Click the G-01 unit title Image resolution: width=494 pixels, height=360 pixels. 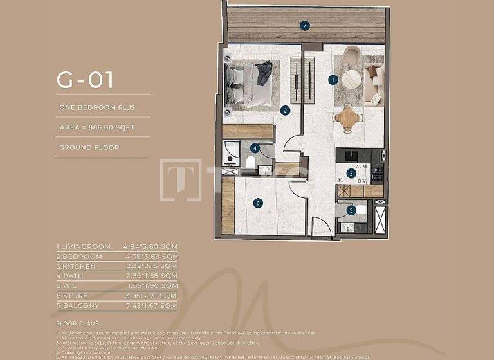pyautogui.click(x=85, y=80)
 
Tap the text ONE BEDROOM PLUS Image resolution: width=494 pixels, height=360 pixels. pyautogui.click(x=96, y=107)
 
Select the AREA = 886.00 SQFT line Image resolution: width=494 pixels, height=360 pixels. pyautogui.click(x=96, y=127)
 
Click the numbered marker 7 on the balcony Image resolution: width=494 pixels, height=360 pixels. pyautogui.click(x=305, y=26)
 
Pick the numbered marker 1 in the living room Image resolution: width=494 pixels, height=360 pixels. pyautogui.click(x=333, y=80)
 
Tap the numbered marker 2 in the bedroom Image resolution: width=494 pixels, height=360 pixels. pyautogui.click(x=285, y=110)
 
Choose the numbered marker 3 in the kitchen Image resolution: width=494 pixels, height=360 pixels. pyautogui.click(x=351, y=173)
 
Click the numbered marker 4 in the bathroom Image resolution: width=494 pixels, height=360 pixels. pyautogui.click(x=255, y=148)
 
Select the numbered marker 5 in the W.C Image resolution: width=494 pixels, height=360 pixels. pyautogui.click(x=351, y=210)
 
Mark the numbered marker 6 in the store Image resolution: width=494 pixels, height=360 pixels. pyautogui.click(x=258, y=203)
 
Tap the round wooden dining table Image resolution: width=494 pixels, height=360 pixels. pyautogui.click(x=347, y=118)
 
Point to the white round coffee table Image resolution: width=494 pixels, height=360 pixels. pyautogui.click(x=351, y=79)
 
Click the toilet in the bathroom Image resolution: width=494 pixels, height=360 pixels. pyautogui.click(x=250, y=161)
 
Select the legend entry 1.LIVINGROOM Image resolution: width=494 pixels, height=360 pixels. pyautogui.click(x=84, y=246)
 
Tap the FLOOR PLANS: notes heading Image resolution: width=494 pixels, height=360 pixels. pyautogui.click(x=77, y=324)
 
